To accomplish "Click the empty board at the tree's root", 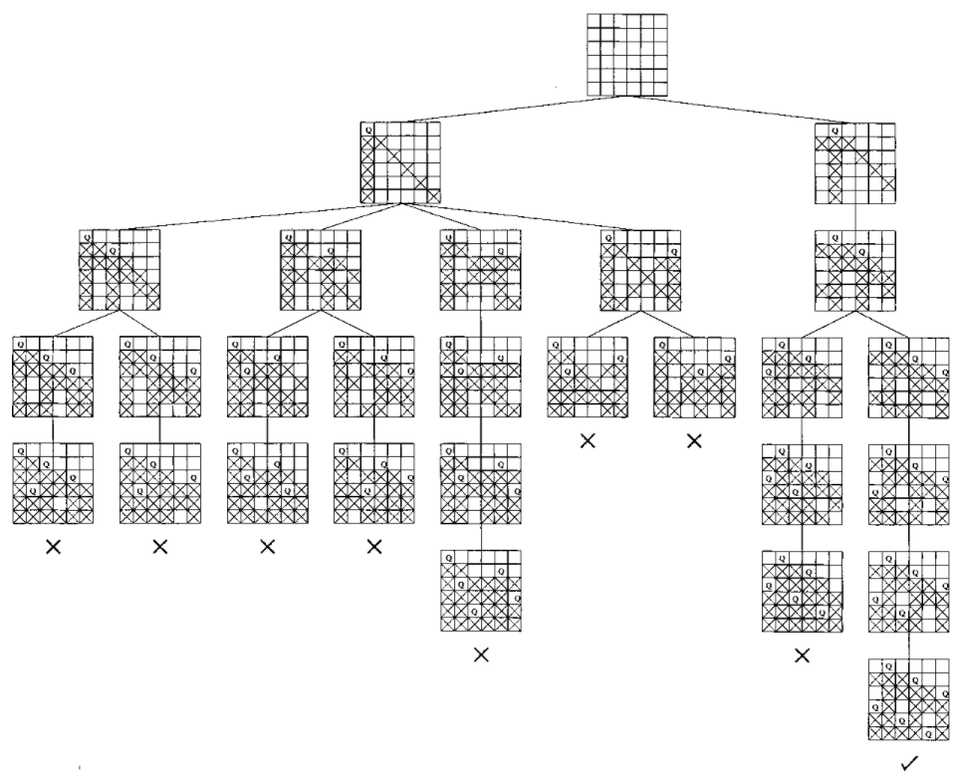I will [x=626, y=55].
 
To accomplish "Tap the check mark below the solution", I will [x=908, y=762].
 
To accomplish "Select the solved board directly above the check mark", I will [x=908, y=699].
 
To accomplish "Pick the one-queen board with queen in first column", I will [x=400, y=162].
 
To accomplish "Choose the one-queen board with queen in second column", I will [x=854, y=162].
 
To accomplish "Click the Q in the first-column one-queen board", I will [x=367, y=130].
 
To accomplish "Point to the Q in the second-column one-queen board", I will [x=835, y=130].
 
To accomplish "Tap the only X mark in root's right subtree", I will [x=802, y=655].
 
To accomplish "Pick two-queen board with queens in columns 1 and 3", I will [x=120, y=270].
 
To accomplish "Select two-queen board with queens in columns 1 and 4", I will [x=320, y=270].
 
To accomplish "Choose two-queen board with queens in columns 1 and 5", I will [x=480, y=270].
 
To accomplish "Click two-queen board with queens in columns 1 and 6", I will [x=640, y=270].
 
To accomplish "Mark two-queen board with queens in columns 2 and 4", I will [x=854, y=270].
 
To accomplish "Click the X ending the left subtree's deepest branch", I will [x=481, y=655].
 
